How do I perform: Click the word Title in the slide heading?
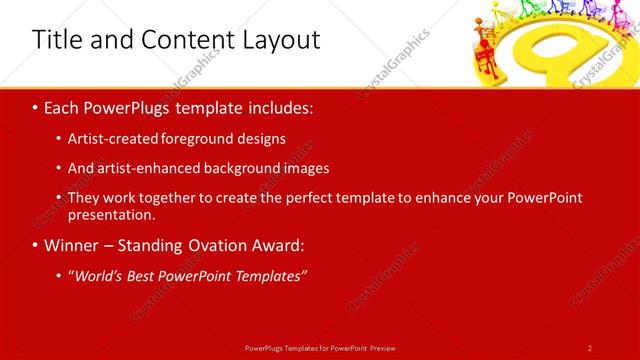click(58, 40)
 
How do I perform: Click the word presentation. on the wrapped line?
click(111, 214)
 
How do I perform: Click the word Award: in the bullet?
click(277, 245)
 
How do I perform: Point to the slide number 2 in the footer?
click(589, 348)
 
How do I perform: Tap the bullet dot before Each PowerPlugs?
click(35, 108)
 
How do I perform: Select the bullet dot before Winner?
click(35, 246)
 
